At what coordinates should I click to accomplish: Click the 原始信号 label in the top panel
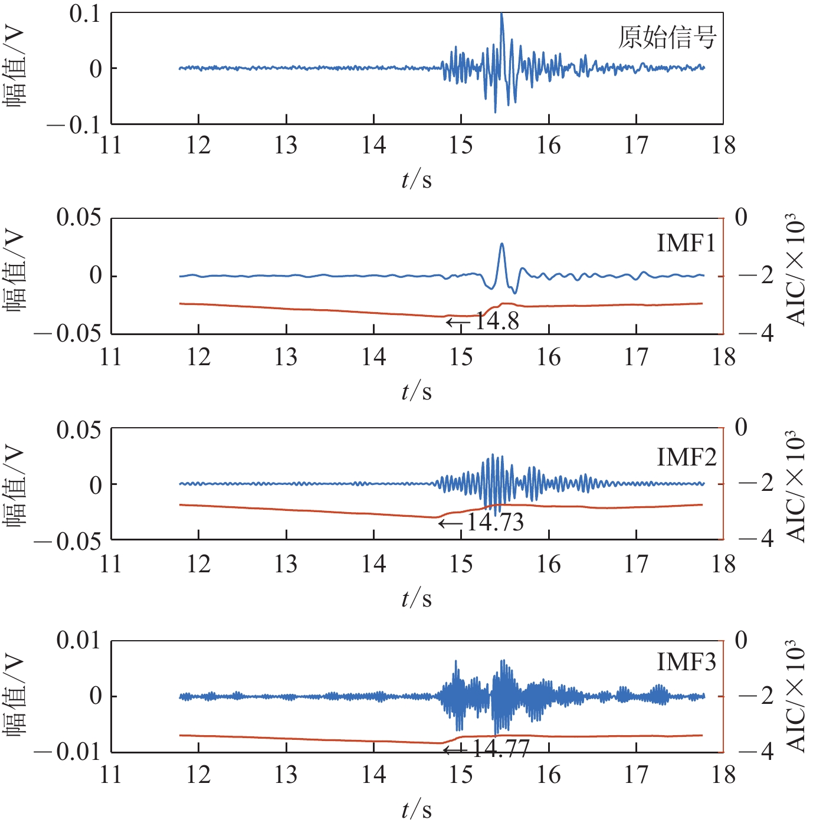[x=667, y=37]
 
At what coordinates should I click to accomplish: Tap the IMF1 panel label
[x=686, y=242]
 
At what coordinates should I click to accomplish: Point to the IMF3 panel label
[x=687, y=662]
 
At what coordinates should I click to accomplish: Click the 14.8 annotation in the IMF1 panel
[x=497, y=322]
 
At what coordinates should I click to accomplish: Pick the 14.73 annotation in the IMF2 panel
[x=495, y=522]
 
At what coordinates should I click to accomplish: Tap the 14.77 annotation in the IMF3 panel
[x=500, y=749]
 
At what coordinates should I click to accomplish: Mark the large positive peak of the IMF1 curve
[x=502, y=244]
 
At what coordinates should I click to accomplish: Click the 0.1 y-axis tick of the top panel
[x=86, y=14]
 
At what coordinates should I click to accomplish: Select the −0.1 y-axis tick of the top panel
[x=74, y=124]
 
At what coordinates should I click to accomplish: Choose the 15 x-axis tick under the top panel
[x=461, y=145]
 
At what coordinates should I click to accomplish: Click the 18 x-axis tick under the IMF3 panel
[x=723, y=774]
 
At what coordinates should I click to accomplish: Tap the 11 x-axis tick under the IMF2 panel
[x=111, y=563]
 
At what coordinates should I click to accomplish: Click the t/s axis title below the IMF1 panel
[x=417, y=391]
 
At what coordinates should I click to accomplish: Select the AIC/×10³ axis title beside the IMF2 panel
[x=796, y=486]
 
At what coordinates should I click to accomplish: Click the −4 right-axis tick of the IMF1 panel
[x=757, y=334]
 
